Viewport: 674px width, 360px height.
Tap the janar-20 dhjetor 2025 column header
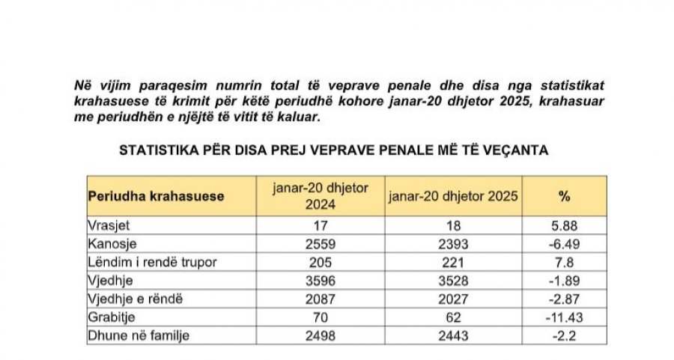(x=453, y=196)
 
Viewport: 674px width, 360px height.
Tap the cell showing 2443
(x=453, y=335)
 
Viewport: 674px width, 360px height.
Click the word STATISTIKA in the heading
(x=154, y=150)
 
